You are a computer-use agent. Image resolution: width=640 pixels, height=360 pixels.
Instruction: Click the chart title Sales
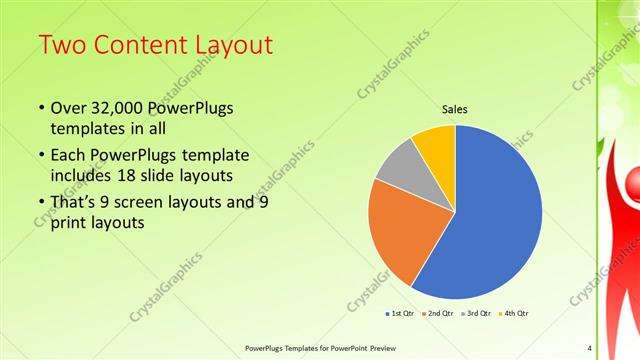pos(455,110)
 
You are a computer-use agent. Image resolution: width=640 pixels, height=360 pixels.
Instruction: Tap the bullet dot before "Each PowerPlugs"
pos(40,156)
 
